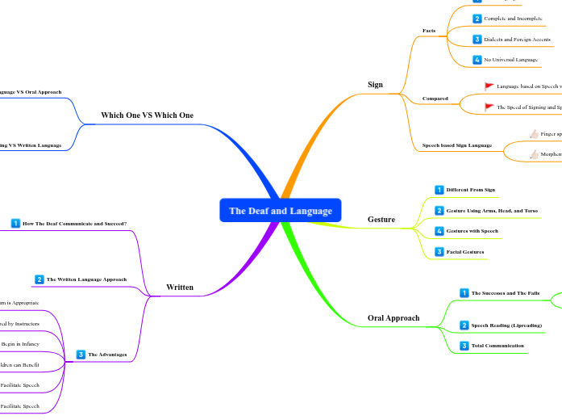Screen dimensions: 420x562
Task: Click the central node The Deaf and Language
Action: (x=280, y=211)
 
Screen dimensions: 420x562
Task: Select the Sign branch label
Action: (x=375, y=84)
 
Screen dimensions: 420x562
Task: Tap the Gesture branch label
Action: (x=381, y=219)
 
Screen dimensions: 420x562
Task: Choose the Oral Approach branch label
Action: (x=393, y=317)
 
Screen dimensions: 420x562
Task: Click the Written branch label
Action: (x=179, y=287)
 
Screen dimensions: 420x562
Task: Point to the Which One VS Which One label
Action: (x=147, y=115)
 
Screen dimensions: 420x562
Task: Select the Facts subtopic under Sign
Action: (x=429, y=31)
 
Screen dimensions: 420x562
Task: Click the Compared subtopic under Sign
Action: (x=435, y=99)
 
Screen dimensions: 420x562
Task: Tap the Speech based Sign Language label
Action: (x=456, y=145)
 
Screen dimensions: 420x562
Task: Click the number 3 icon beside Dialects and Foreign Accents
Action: (x=477, y=39)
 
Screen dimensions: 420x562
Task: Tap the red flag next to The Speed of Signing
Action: (x=489, y=107)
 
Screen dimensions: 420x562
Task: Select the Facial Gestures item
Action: (x=464, y=252)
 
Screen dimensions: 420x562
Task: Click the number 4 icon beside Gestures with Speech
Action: (x=439, y=231)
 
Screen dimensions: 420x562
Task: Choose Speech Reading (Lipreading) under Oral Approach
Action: (x=506, y=325)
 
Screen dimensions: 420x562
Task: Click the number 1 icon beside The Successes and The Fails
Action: (x=464, y=292)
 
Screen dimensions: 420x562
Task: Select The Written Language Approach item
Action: (x=86, y=279)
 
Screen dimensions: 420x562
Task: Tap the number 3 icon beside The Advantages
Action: (x=81, y=354)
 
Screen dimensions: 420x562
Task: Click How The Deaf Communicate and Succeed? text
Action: (x=74, y=223)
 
